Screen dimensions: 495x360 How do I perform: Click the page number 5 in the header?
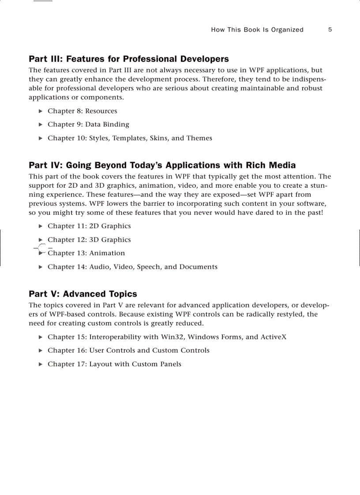tap(330, 30)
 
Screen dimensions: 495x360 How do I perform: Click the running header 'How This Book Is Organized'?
tap(257, 30)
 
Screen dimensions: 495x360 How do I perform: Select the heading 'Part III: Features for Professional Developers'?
tap(129, 59)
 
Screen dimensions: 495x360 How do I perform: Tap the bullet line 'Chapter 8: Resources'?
tap(82, 111)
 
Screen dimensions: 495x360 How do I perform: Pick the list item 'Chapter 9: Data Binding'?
tap(88, 124)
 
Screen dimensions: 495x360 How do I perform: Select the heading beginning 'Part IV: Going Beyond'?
tap(162, 165)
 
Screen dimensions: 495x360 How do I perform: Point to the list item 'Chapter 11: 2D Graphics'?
tap(89, 226)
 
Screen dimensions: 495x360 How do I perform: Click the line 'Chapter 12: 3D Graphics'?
tap(89, 240)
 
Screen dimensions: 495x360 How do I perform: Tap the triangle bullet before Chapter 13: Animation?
tap(41, 253)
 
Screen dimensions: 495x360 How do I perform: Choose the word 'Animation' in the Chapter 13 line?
tap(107, 253)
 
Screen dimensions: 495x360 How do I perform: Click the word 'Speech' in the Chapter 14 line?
tap(148, 267)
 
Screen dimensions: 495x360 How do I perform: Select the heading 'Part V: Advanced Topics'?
tap(83, 294)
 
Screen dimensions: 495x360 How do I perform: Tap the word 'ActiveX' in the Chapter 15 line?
tap(273, 337)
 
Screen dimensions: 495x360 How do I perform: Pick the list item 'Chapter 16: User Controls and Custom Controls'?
tap(128, 350)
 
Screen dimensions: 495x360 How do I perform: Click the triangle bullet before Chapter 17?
tap(41, 364)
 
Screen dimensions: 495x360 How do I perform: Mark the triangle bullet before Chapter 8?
tap(41, 111)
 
